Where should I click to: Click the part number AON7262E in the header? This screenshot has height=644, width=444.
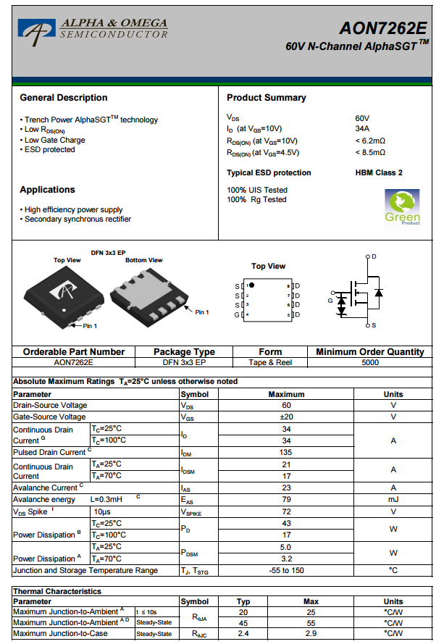click(x=382, y=28)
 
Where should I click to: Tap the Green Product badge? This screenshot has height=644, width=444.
click(x=402, y=207)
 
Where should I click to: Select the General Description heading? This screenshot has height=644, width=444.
click(x=64, y=98)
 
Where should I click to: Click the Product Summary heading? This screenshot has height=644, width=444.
click(x=266, y=98)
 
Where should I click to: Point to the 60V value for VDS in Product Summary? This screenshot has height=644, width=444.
click(x=362, y=118)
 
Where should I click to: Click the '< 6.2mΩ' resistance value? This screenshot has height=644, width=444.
click(x=370, y=141)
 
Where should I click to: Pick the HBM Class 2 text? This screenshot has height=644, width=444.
click(x=379, y=172)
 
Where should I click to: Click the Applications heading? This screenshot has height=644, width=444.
click(x=47, y=190)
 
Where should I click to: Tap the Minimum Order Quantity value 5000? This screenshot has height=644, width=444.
click(x=369, y=362)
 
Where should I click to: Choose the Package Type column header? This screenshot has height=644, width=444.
click(x=184, y=352)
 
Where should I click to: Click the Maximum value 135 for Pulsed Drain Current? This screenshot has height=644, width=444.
click(x=286, y=452)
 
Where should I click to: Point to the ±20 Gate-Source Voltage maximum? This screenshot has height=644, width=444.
click(x=286, y=417)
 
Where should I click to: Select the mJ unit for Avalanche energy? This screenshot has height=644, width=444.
click(x=393, y=499)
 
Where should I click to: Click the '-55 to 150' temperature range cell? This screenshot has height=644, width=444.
click(x=286, y=570)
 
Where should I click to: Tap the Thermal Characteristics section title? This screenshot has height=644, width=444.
click(x=57, y=591)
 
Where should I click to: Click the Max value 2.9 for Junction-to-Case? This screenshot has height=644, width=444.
click(x=311, y=634)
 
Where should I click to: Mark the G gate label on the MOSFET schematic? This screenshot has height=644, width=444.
click(x=330, y=301)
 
